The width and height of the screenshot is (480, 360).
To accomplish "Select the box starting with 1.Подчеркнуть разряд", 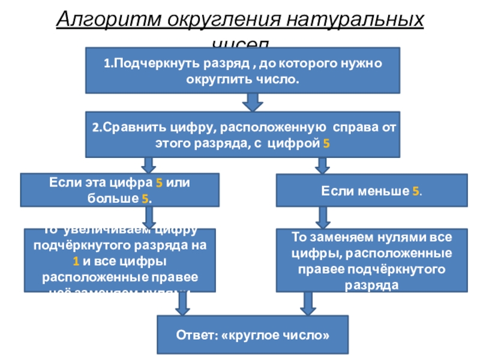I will (x=242, y=70).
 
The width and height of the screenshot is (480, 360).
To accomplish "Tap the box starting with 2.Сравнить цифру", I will (x=242, y=134).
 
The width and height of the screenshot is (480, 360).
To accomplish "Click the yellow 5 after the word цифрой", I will (x=326, y=144).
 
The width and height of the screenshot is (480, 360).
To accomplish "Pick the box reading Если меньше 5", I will (x=371, y=190).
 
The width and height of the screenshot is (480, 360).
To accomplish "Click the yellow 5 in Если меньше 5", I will (x=415, y=191).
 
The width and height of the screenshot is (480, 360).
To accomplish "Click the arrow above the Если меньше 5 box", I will (x=322, y=165).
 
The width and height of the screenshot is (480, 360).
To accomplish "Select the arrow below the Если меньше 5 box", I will (x=323, y=217).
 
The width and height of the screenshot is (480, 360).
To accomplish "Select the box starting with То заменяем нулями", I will (x=371, y=260).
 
